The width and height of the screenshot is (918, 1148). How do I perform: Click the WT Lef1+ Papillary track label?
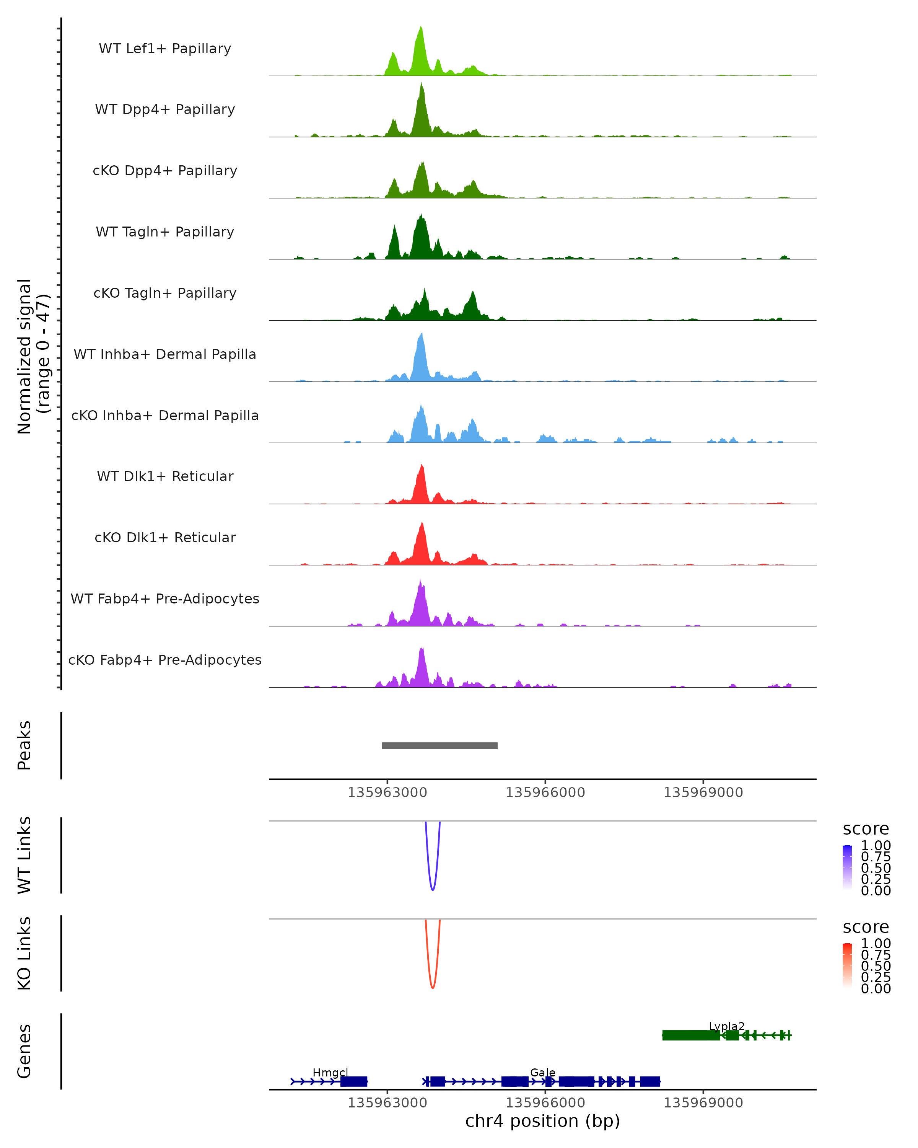coord(165,49)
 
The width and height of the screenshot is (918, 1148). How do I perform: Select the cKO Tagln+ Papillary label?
coord(165,293)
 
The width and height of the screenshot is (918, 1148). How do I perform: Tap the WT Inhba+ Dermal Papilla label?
coord(165,354)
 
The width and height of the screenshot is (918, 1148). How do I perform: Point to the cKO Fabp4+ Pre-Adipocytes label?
coord(165,660)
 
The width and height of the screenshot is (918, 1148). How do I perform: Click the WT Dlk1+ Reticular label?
coord(165,476)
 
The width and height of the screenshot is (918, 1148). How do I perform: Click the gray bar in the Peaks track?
coord(439,745)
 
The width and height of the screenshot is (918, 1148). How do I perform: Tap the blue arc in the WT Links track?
coord(433,889)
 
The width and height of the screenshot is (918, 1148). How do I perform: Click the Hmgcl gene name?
coord(330,1072)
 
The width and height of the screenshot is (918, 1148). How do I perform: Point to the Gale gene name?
coord(542,1072)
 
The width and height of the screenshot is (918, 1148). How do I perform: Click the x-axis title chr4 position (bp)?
coord(542,1121)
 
